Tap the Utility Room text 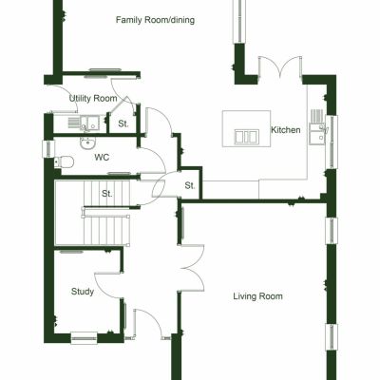[93, 99]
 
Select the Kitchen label [286, 130]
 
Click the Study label [83, 292]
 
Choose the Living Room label [258, 296]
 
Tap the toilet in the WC [65, 162]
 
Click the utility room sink [85, 122]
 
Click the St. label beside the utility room [123, 123]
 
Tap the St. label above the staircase [108, 194]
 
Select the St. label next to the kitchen [189, 185]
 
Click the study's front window [84, 333]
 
